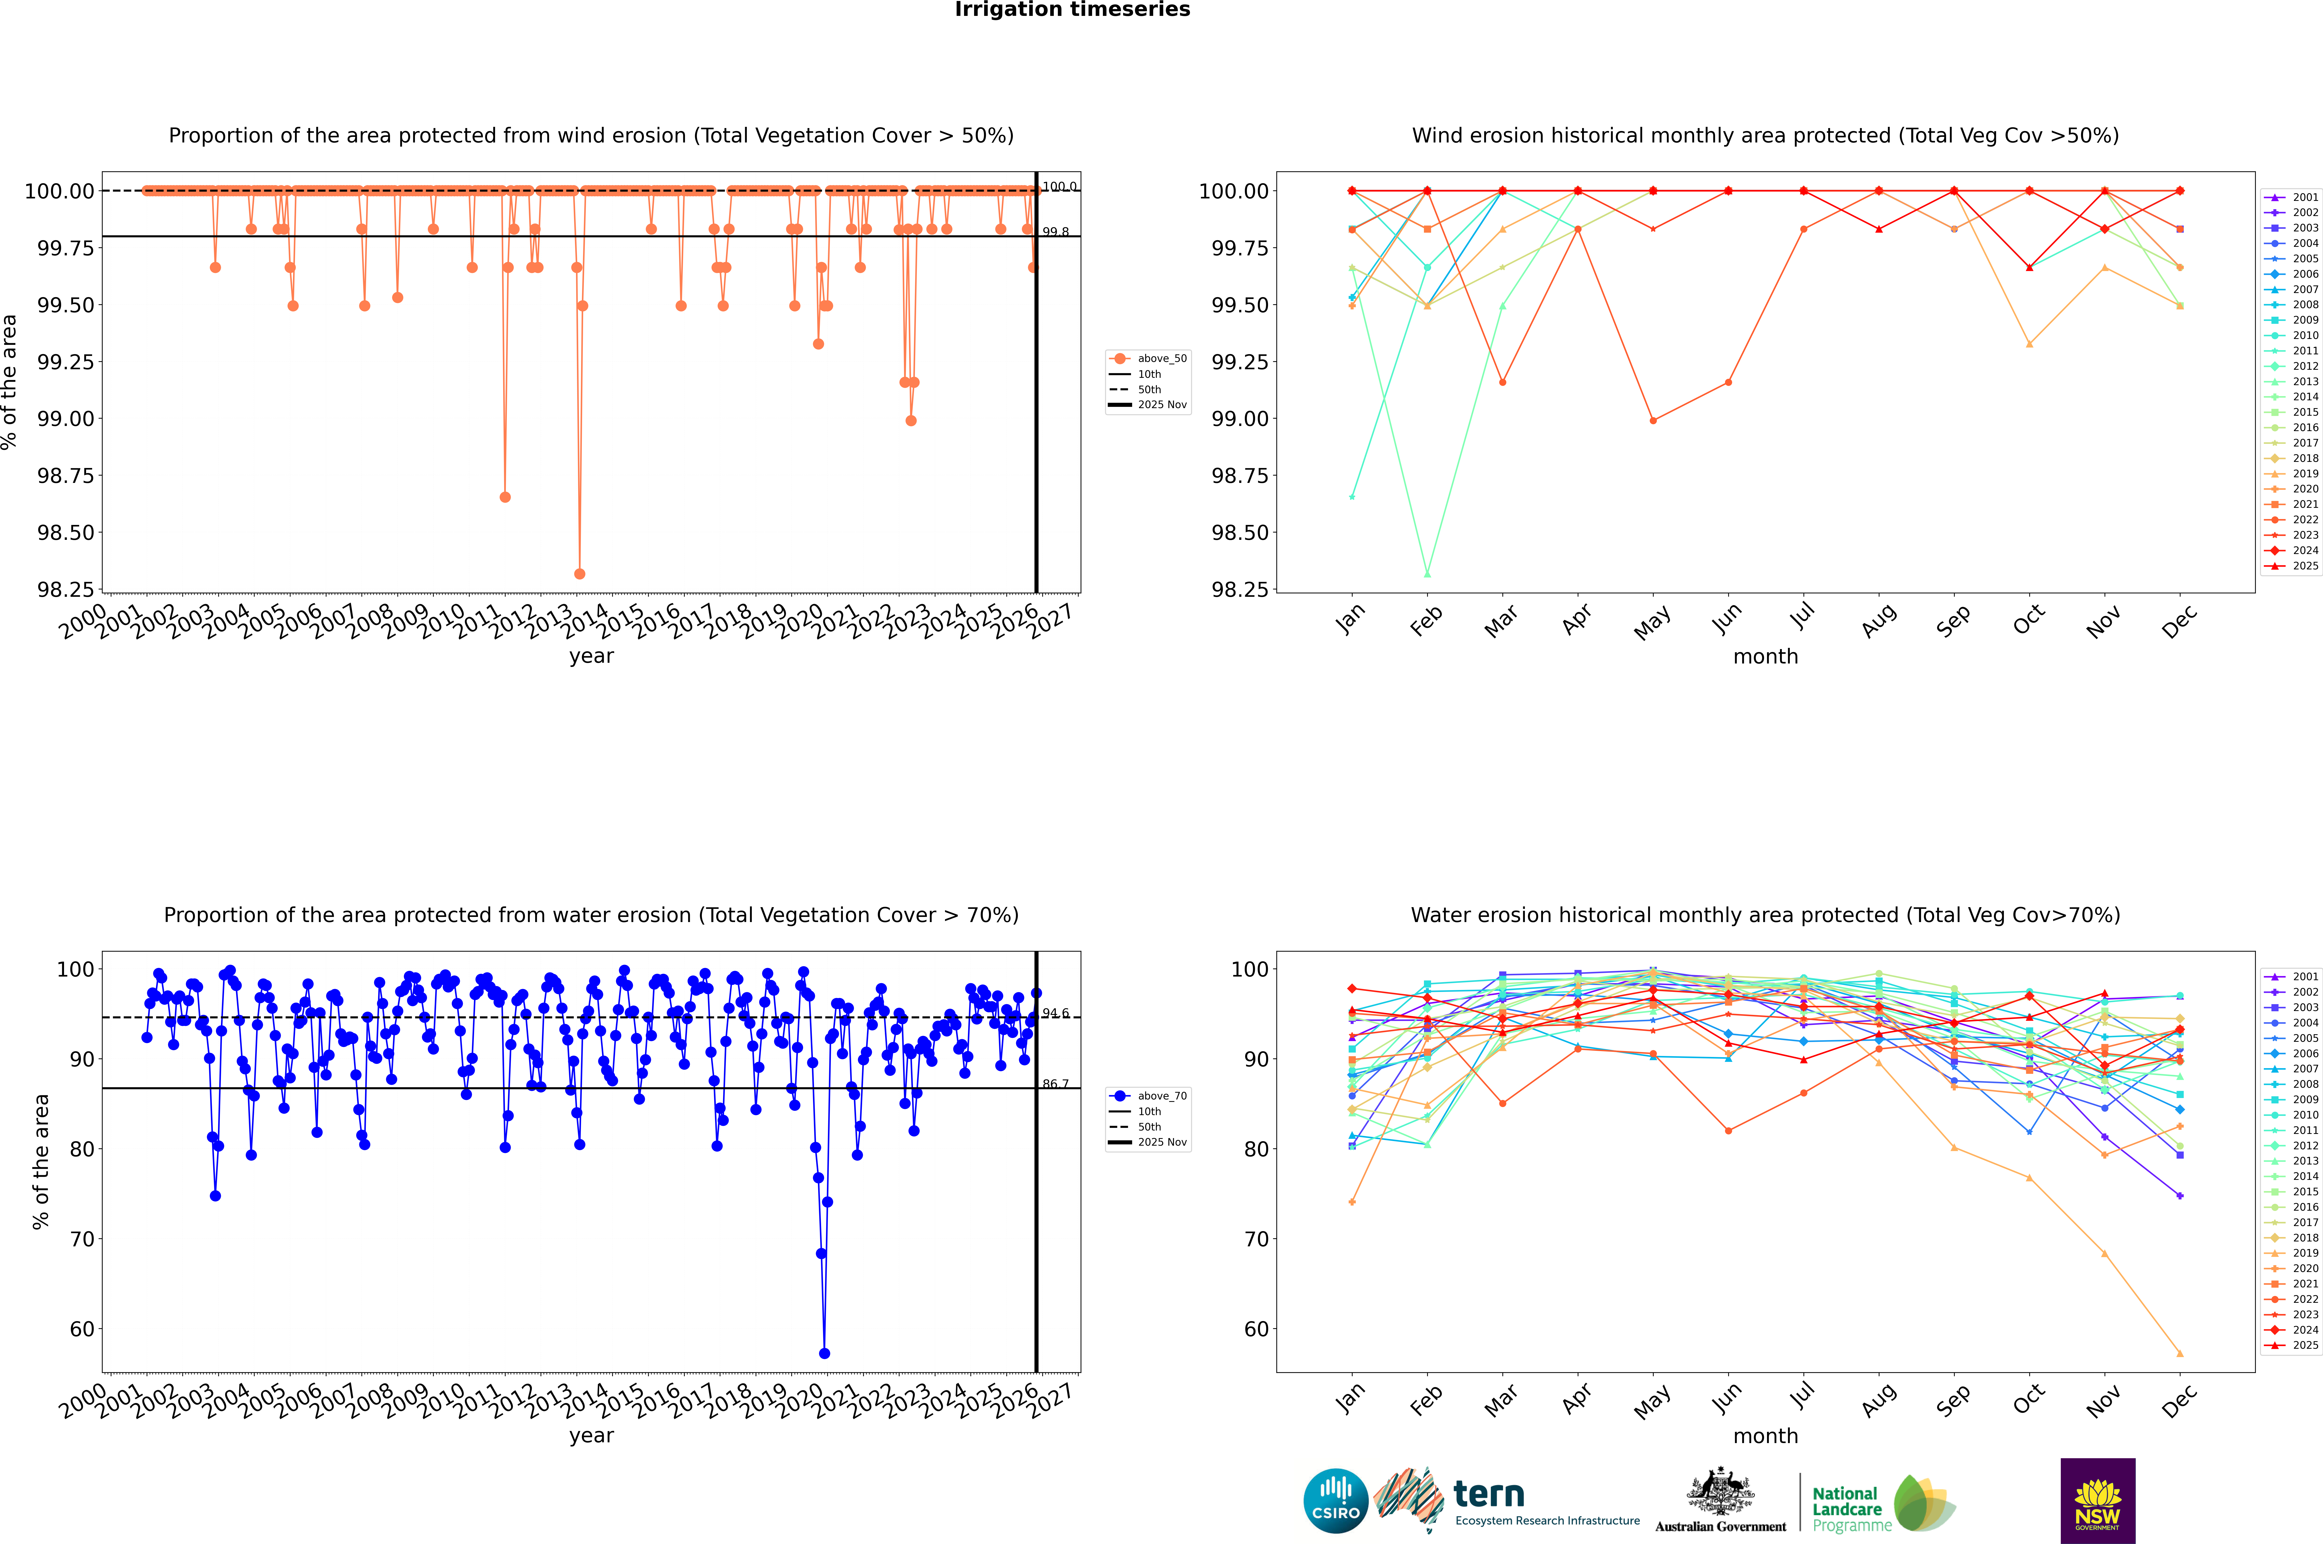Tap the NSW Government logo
click(x=2097, y=1501)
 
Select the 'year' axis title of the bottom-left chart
click(x=591, y=1436)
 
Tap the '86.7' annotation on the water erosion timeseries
click(x=1055, y=1084)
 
